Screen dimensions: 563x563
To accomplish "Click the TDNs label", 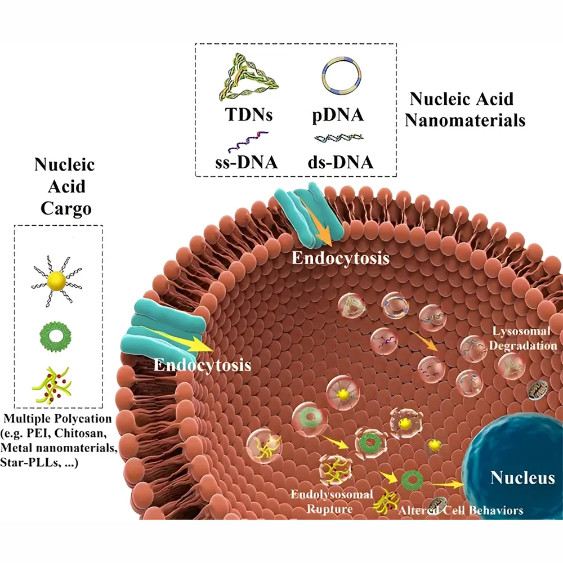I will tap(248, 115).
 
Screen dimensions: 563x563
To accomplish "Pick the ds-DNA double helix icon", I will tap(338, 138).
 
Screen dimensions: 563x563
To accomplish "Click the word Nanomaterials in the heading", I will tap(468, 120).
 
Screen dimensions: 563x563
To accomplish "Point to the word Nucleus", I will tap(522, 479).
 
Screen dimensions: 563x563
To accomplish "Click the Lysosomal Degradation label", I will tap(525, 338).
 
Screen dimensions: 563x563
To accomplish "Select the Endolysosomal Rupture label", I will tap(330, 502).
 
